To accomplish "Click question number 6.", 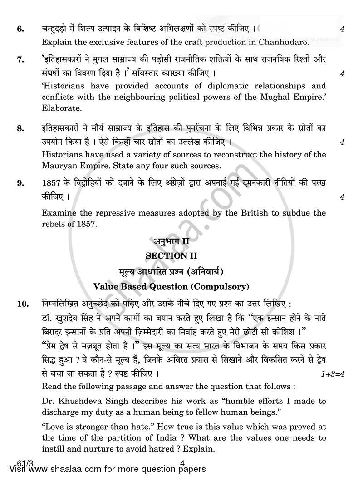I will pos(20,29).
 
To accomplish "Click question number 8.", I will pos(20,129).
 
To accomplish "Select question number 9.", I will pos(20,184).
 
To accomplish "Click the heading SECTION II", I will pos(167,256).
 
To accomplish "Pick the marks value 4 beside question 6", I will pos(342,29).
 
